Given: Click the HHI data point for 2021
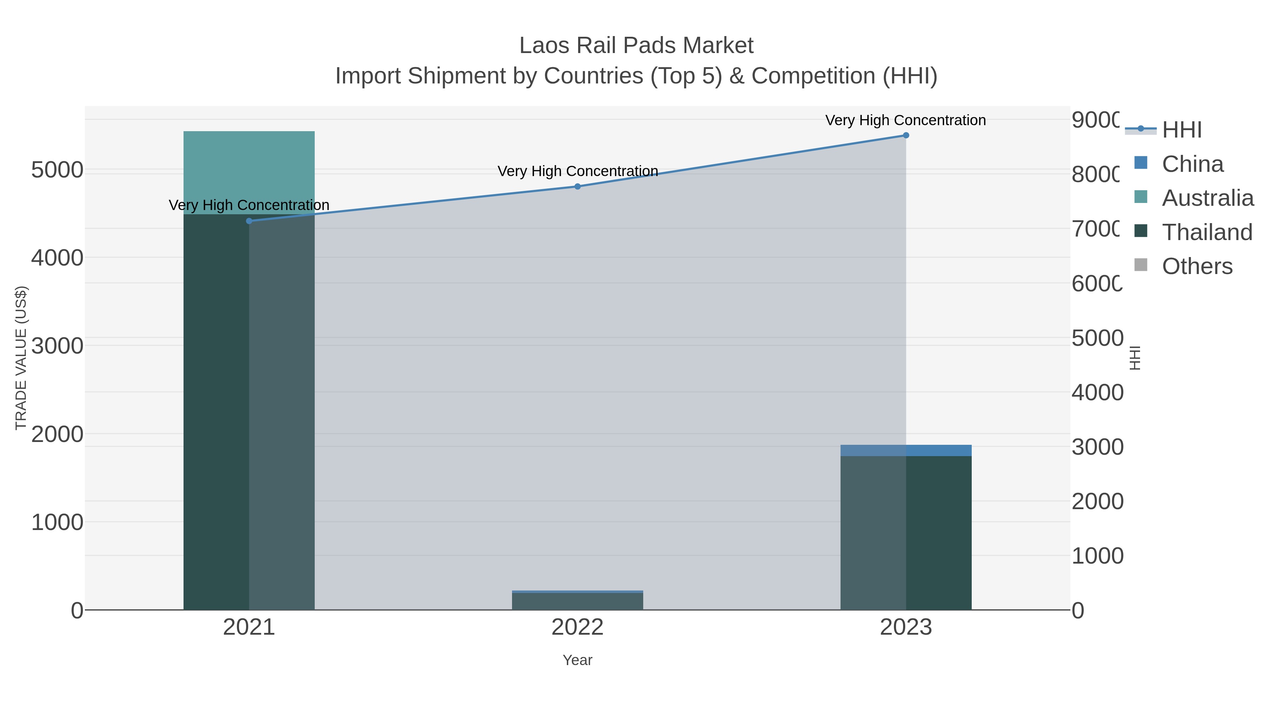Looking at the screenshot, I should [249, 221].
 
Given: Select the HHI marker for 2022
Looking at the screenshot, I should [577, 186].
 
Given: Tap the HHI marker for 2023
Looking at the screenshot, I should [906, 135].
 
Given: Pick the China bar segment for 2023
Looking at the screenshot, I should [906, 450].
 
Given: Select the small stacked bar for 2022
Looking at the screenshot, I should [577, 600].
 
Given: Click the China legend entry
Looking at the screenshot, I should [1192, 164].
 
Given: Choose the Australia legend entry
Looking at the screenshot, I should [1207, 198].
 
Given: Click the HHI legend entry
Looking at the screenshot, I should [1181, 130].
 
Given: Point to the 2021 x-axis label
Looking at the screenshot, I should [249, 628].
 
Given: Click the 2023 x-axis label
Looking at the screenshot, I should [906, 628].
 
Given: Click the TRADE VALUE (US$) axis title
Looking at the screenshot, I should [21, 358].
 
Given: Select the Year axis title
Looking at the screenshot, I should [577, 660].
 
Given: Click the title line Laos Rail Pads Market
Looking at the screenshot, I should [636, 46].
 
